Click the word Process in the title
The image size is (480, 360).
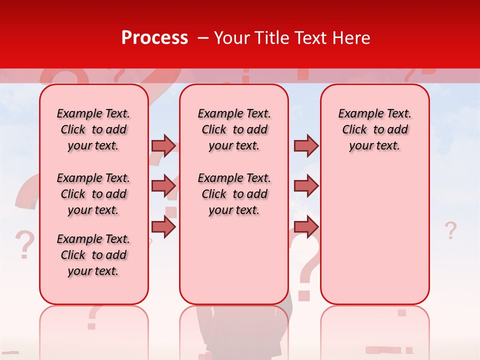(x=154, y=38)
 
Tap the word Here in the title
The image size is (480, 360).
(x=351, y=38)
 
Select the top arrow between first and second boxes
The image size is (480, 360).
(x=163, y=146)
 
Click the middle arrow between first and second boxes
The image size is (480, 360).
(x=163, y=186)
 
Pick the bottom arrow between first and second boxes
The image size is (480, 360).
(x=163, y=226)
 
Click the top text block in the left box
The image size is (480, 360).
(x=93, y=129)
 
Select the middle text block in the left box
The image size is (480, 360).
(x=93, y=194)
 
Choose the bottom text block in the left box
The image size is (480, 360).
(x=93, y=255)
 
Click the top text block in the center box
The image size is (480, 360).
(x=234, y=129)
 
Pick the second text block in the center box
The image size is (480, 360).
(x=234, y=194)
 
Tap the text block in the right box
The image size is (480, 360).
(x=374, y=129)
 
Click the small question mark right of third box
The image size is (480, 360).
(x=450, y=230)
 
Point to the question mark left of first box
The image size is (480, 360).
(x=24, y=244)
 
